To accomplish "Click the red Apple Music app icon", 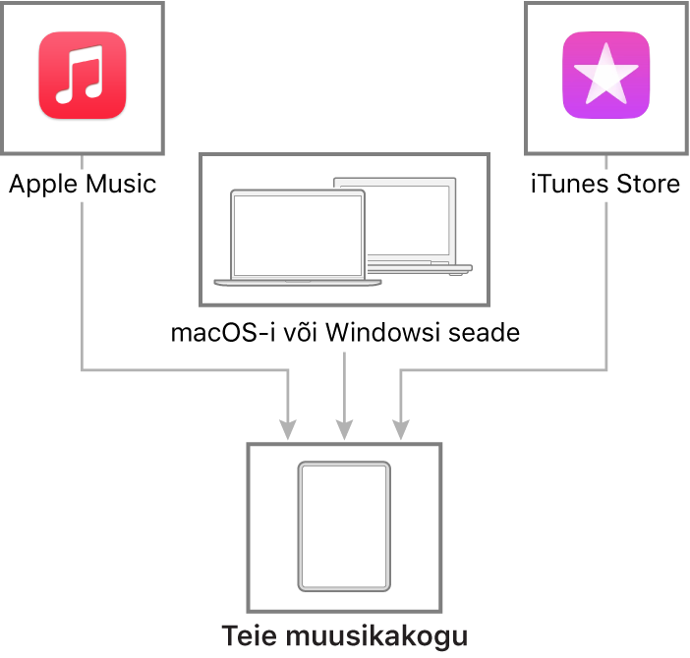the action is [83, 76].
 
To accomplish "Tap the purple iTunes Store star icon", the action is [605, 76].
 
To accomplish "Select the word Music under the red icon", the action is [121, 184].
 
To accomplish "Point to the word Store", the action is [648, 184].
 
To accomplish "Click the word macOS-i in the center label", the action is [223, 332].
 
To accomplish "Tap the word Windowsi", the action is [383, 332].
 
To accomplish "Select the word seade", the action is [484, 332].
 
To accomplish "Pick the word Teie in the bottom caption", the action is [250, 635].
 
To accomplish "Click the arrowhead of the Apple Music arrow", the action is [288, 429].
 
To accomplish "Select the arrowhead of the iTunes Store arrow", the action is [400, 429].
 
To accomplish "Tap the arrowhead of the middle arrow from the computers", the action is [344, 429].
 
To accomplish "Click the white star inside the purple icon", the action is [605, 75].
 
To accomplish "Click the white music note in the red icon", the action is [80, 75].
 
